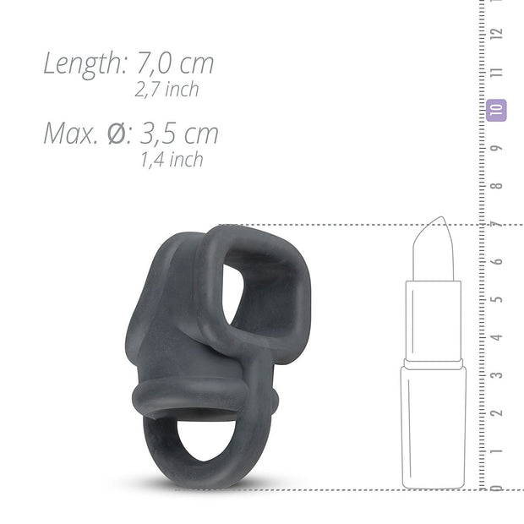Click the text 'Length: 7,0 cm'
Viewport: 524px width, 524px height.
point(128,63)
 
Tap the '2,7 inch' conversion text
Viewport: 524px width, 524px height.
point(166,89)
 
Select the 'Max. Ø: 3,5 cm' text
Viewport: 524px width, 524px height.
point(131,133)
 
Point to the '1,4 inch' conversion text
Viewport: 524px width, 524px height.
point(172,159)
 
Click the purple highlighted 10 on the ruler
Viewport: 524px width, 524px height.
point(496,110)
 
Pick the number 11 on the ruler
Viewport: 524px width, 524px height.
point(497,72)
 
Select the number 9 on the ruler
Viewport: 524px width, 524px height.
point(497,148)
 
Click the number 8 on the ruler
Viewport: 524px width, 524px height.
point(497,186)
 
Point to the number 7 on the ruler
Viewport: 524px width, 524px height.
point(497,224)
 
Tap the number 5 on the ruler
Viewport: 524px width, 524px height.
point(497,299)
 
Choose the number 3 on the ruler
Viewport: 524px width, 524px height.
point(497,374)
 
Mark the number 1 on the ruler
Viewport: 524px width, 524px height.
point(497,450)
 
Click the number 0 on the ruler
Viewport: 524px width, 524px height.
point(497,486)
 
